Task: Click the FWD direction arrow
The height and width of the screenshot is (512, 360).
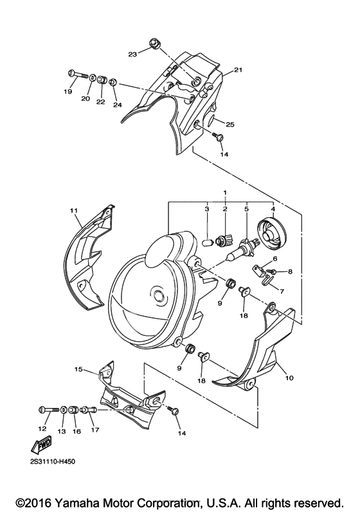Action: pyautogui.click(x=40, y=445)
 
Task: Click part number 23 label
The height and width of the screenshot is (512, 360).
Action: pyautogui.click(x=132, y=55)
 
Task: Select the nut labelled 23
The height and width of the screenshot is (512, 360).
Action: pyautogui.click(x=154, y=43)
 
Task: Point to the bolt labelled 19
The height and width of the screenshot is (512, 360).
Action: pyautogui.click(x=78, y=75)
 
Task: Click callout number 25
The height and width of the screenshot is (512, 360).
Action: pyautogui.click(x=231, y=125)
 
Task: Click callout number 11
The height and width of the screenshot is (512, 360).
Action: pyautogui.click(x=74, y=211)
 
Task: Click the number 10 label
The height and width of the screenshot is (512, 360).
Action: pyautogui.click(x=289, y=378)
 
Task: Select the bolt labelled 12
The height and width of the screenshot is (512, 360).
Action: pyautogui.click(x=50, y=409)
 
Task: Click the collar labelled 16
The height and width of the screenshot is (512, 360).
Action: pyautogui.click(x=74, y=409)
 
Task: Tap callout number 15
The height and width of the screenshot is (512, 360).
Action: pyautogui.click(x=78, y=370)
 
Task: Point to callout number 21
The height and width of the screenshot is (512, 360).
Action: pyautogui.click(x=238, y=70)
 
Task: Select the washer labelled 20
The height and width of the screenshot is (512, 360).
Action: pyautogui.click(x=93, y=78)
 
